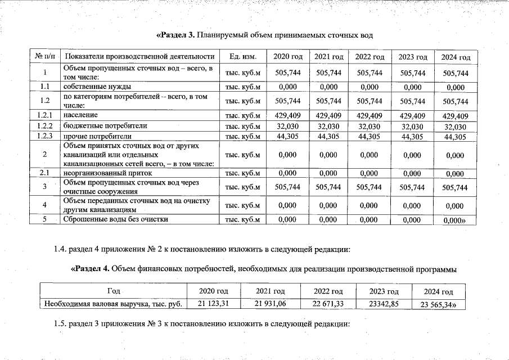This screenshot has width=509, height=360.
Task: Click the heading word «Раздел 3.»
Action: tap(175, 35)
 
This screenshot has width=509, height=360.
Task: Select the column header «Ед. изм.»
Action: tap(243, 57)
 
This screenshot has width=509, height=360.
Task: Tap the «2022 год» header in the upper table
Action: tap(370, 57)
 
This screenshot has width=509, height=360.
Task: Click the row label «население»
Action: tap(80, 115)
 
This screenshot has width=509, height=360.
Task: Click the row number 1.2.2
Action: tap(44, 125)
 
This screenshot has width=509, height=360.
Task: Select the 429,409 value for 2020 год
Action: tap(288, 115)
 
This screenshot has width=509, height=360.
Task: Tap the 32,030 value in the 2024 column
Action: tap(455, 126)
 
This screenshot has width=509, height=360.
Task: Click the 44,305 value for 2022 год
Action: tap(370, 136)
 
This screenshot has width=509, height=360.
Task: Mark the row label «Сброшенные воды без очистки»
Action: tap(116, 219)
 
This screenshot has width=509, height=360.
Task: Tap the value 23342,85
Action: tap(384, 304)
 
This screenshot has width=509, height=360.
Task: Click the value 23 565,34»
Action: tap(438, 305)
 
